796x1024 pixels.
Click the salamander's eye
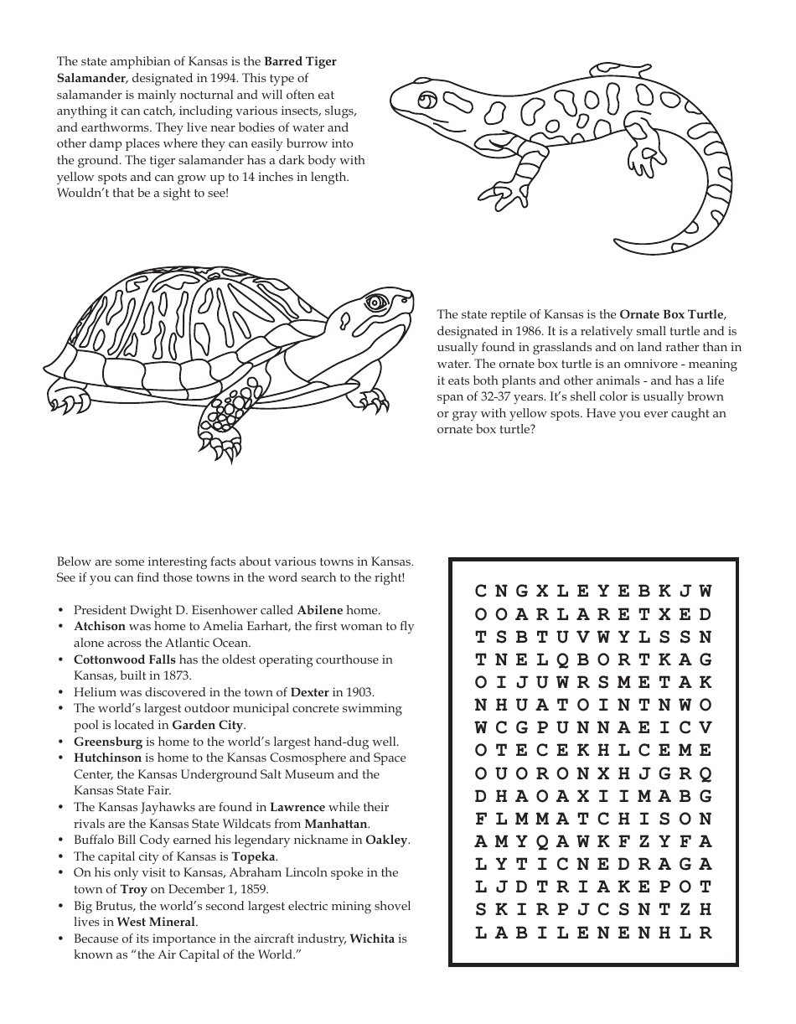426,101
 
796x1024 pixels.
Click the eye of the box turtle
374,302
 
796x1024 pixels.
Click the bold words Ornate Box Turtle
671,315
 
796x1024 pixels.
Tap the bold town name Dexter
309,692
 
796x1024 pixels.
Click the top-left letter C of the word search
481,592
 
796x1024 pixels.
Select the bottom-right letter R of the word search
706,933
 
